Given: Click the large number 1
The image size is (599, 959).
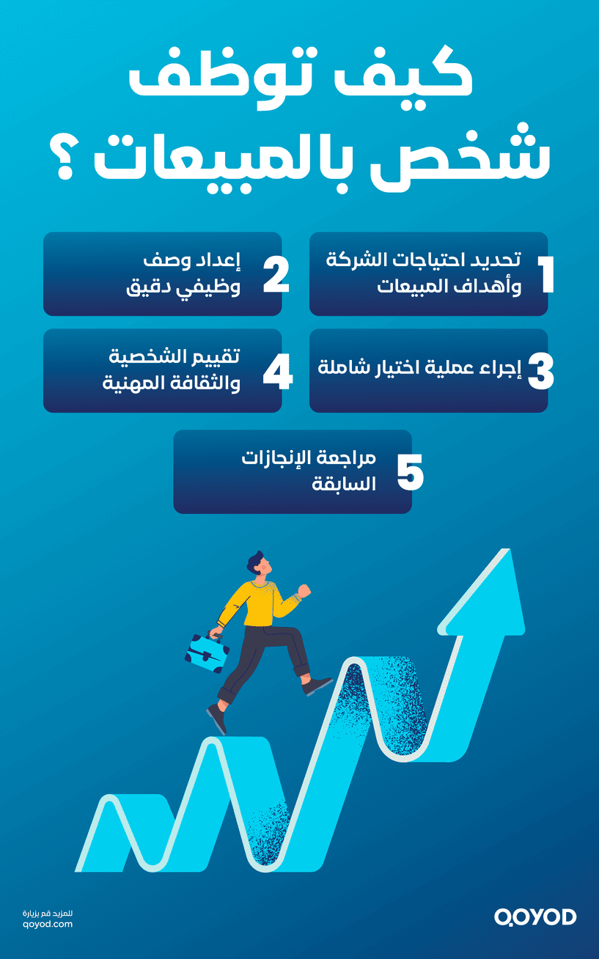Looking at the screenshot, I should pos(545,275).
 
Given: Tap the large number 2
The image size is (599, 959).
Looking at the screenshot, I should pos(276,275).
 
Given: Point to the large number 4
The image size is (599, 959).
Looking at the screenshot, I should pos(277,372).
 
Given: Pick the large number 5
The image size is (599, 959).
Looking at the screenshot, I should pos(411,473).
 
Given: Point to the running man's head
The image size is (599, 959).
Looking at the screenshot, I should pos(259,565).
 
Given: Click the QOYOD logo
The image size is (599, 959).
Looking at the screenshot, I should pos(535,916).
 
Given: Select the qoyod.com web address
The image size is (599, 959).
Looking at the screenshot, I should pos(48,925).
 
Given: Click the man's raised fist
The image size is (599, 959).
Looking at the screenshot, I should pos(304,590).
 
